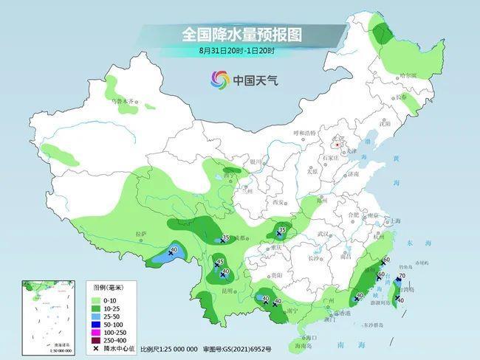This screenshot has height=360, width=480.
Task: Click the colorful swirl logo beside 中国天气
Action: pyautogui.click(x=220, y=79)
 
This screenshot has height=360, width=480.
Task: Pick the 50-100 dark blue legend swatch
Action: pyautogui.click(x=96, y=323)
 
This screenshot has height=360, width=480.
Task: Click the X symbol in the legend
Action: pyautogui.click(x=96, y=348)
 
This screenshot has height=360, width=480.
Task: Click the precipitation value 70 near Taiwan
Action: pyautogui.click(x=401, y=277)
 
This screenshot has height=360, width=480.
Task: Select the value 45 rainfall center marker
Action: pyautogui.click(x=219, y=262)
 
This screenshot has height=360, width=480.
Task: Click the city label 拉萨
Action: pyautogui.click(x=142, y=234)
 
